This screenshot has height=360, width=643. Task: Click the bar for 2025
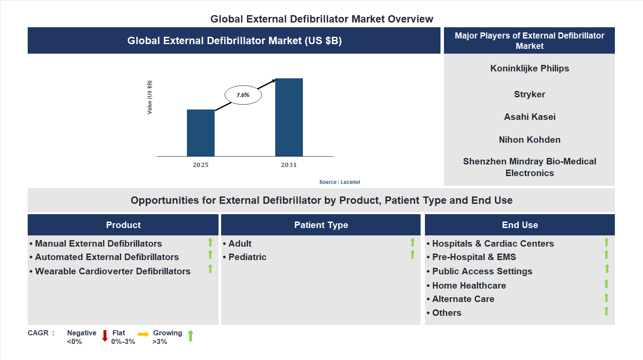(x=200, y=133)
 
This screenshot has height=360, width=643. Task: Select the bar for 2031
(x=289, y=117)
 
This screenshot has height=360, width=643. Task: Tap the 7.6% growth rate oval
(x=243, y=95)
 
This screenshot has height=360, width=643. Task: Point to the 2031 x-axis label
(x=289, y=165)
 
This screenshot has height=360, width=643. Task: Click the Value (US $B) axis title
(x=150, y=97)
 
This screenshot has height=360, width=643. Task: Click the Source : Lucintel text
(x=339, y=182)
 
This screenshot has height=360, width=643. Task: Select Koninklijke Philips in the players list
(x=529, y=68)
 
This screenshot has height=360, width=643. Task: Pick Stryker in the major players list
(x=529, y=94)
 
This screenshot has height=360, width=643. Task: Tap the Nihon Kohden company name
(x=529, y=140)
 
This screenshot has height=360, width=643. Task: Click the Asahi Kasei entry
(x=529, y=117)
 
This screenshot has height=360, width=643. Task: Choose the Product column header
(x=123, y=225)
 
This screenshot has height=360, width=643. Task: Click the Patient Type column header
(x=321, y=225)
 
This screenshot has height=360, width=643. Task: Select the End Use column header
(x=520, y=225)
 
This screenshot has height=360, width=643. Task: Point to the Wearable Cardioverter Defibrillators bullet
(x=113, y=271)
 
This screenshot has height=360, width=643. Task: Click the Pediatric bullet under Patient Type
(x=247, y=257)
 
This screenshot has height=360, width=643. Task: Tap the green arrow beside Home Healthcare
(x=606, y=284)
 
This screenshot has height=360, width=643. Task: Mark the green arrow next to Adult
(x=412, y=242)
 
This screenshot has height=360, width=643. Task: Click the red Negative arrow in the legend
(x=105, y=336)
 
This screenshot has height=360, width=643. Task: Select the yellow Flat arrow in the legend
(x=143, y=334)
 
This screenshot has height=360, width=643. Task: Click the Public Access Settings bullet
(x=482, y=271)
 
